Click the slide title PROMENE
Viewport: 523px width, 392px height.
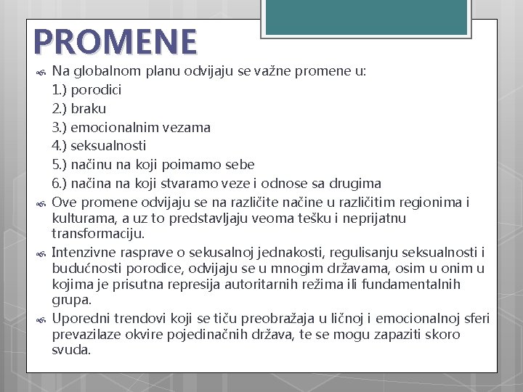coord(114,42)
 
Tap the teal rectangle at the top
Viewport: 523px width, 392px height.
coord(365,16)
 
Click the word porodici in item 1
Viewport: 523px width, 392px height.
coord(97,90)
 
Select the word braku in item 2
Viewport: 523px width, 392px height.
coord(89,108)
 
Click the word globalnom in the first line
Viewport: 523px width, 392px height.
coord(103,71)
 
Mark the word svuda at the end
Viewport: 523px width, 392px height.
coord(71,350)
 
